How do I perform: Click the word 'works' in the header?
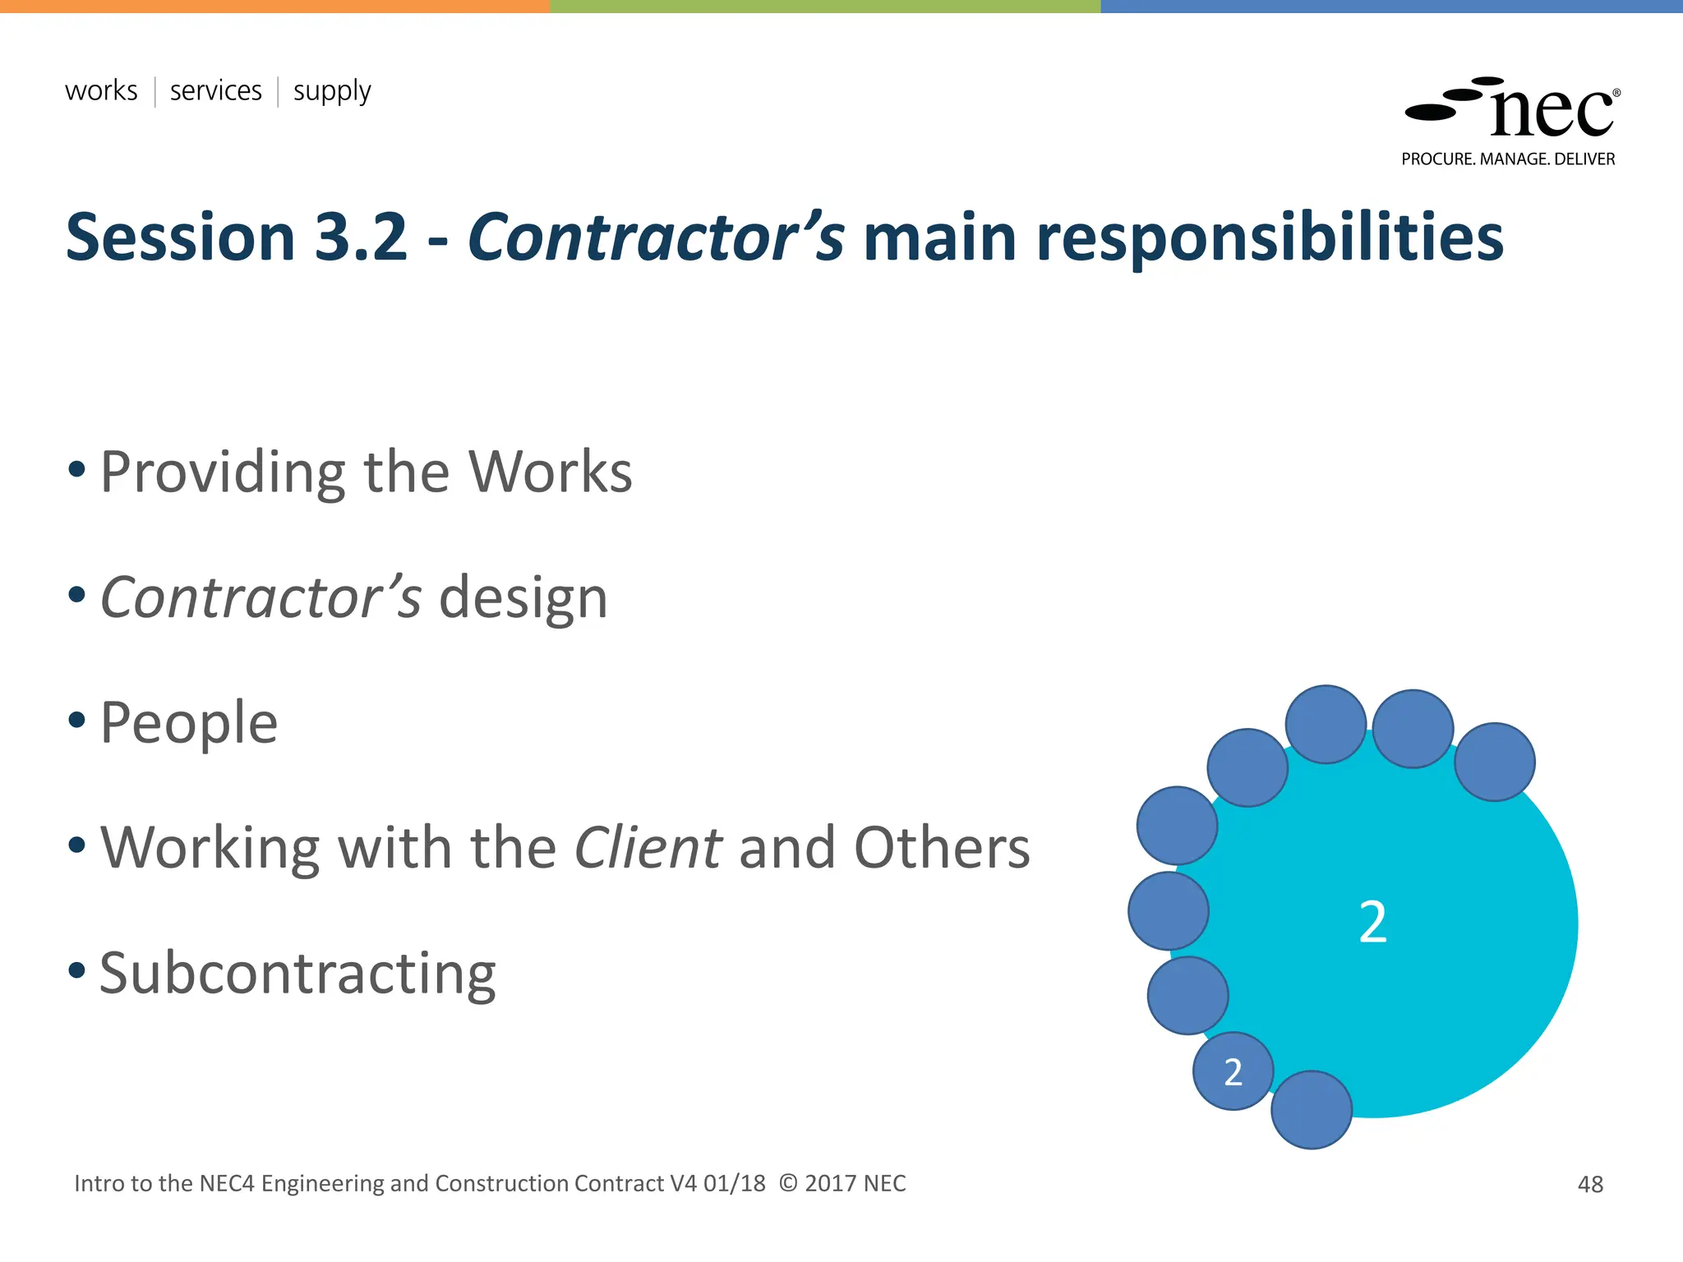coord(101,90)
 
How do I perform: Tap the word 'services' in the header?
coord(215,90)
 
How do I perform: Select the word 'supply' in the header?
coord(332,92)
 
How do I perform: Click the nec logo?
coord(1512,109)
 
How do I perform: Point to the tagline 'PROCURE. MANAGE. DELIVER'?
coord(1508,159)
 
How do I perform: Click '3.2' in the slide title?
coord(361,237)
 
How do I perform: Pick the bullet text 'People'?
coord(188,723)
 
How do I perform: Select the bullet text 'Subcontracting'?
coord(297,974)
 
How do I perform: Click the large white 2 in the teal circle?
coord(1372,923)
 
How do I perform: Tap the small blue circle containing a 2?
coord(1233,1071)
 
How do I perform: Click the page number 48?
coord(1590,1184)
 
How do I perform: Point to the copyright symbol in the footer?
coord(787,1183)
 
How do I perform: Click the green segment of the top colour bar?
coord(824,6)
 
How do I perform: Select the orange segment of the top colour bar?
coord(274,6)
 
